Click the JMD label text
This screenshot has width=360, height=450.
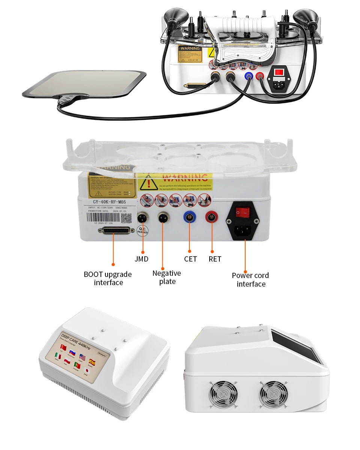coord(141,259)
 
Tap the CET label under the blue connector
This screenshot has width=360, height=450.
coord(190,259)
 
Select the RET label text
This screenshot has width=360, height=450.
coord(215,259)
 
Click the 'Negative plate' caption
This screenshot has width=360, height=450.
coord(166,277)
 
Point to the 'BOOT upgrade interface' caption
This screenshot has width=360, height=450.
coord(108,278)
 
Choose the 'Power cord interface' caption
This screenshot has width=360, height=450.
coord(250,280)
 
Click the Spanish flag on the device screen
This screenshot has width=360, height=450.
coord(92,362)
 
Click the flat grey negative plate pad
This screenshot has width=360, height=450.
coord(84,83)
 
